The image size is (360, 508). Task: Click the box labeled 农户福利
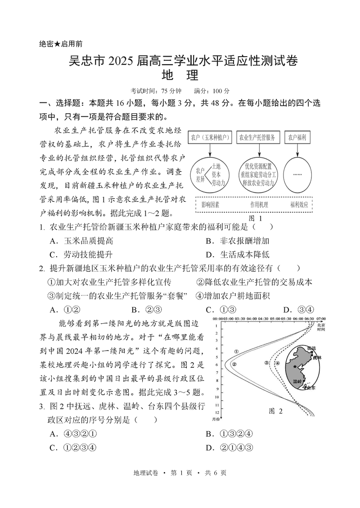[x=297, y=137]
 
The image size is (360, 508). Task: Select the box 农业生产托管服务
[x=257, y=137]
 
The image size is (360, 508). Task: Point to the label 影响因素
[x=211, y=205]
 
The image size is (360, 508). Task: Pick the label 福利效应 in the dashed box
[x=299, y=205]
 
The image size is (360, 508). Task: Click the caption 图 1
[x=255, y=218]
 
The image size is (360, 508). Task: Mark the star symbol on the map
[x=295, y=367]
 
